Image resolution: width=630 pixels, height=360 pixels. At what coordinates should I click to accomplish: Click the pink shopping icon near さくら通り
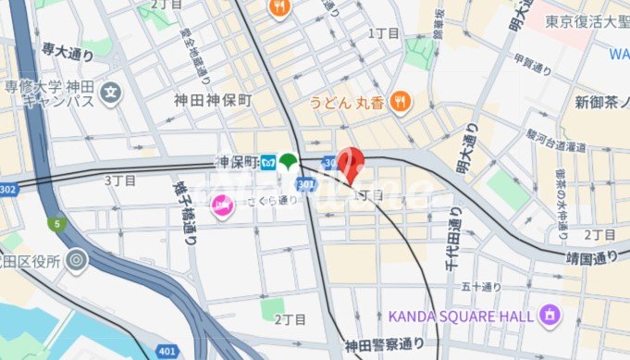point(221,209)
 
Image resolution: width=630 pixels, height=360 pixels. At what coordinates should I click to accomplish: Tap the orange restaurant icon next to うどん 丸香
point(401,101)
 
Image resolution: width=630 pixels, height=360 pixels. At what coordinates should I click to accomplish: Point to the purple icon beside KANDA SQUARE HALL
point(550,317)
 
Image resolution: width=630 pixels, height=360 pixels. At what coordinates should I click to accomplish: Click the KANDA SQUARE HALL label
point(461,317)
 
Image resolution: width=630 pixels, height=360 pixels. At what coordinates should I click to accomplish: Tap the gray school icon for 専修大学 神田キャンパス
point(111,93)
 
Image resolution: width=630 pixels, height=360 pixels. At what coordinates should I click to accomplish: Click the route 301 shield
point(308,184)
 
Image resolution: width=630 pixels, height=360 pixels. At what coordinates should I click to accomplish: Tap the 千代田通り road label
point(455,236)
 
